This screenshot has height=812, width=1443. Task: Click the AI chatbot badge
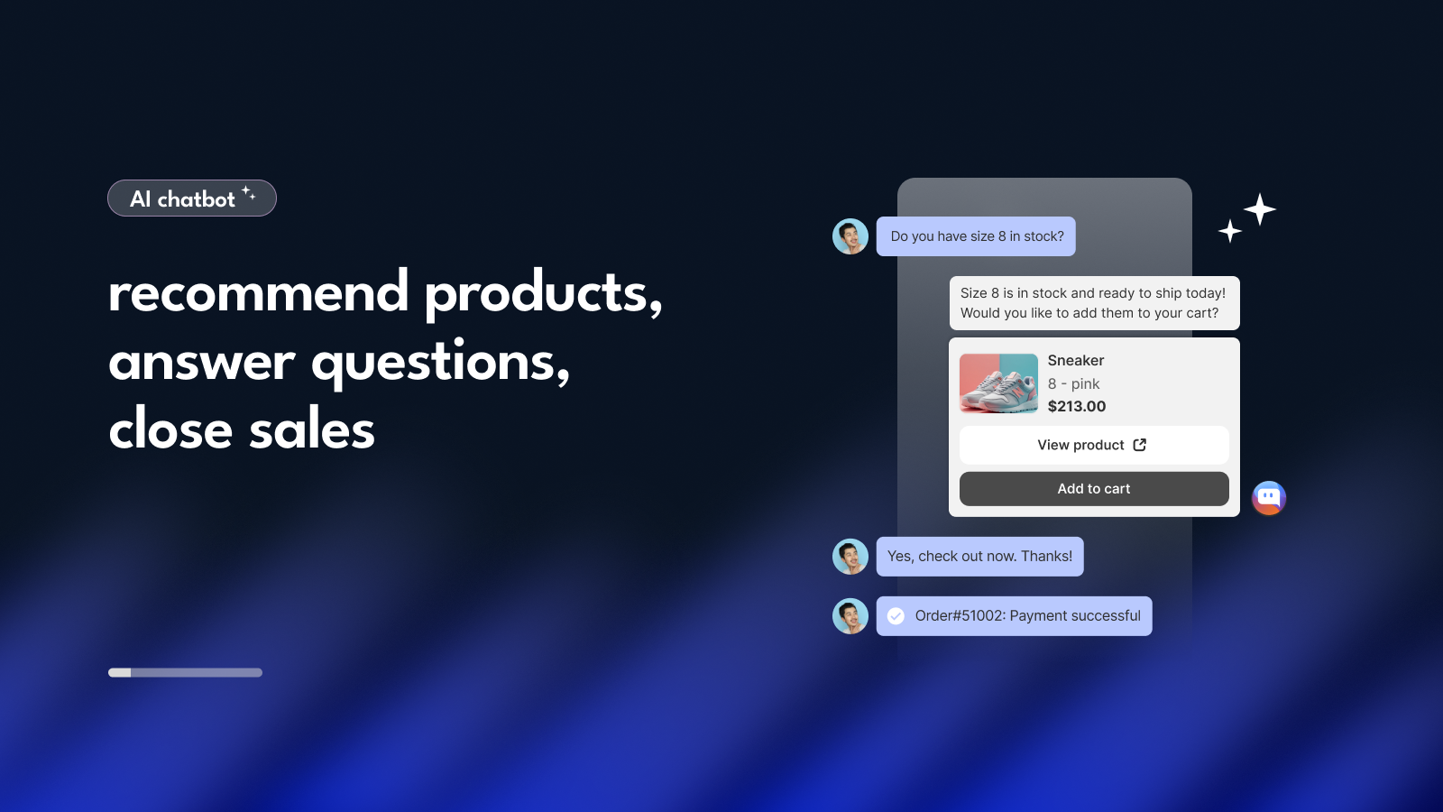pos(192,198)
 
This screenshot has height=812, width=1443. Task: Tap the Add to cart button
pos(1094,488)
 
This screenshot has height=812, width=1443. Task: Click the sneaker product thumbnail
pos(998,383)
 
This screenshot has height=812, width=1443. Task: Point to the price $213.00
pos(1077,406)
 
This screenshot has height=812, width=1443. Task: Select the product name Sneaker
pos(1076,360)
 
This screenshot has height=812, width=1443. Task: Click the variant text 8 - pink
pos(1073,383)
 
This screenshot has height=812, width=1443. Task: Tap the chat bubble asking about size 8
pos(976,236)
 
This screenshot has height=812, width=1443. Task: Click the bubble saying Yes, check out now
pos(979,556)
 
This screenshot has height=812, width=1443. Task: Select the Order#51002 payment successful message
pos(1014,616)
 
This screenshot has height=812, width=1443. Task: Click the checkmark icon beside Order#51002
pos(896,616)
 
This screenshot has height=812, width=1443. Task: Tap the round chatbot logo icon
pos(1268,498)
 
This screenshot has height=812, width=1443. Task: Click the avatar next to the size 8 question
pos(850,236)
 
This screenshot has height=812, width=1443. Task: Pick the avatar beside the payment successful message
pos(850,616)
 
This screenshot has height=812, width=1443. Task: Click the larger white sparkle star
pos(1259,209)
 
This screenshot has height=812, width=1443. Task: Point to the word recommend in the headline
pos(258,293)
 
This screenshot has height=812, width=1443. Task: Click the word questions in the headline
pos(441,362)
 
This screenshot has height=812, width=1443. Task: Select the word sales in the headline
pos(312,429)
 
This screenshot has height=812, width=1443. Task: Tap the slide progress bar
pos(185,673)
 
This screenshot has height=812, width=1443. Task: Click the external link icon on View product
pos(1140,445)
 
